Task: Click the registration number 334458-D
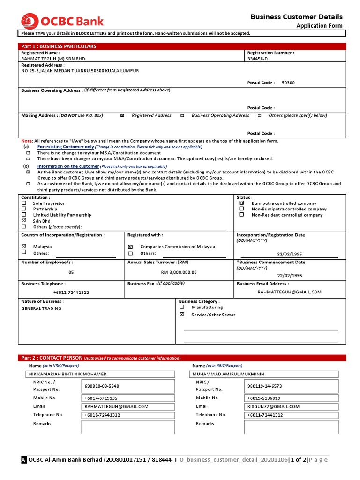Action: pos(258,59)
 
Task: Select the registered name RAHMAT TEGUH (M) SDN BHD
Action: pos(53,59)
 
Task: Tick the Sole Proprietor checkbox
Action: pos(24,203)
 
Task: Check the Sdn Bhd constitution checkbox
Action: pos(24,220)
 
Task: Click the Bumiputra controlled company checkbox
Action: pos(241,203)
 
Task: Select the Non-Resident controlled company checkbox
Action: pos(241,215)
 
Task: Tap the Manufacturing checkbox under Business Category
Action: pos(182,307)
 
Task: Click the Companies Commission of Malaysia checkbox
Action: pos(130,247)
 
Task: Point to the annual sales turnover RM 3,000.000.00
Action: pos(179,272)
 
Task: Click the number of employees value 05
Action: pos(71,272)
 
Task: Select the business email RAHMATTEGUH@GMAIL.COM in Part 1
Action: pos(289,292)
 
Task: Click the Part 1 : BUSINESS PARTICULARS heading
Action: pos(59,46)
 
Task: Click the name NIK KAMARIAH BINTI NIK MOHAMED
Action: pos(67,374)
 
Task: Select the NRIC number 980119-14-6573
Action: pos(264,386)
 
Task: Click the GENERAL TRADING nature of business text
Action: pos(41,309)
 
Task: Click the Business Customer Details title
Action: pos(296,17)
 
